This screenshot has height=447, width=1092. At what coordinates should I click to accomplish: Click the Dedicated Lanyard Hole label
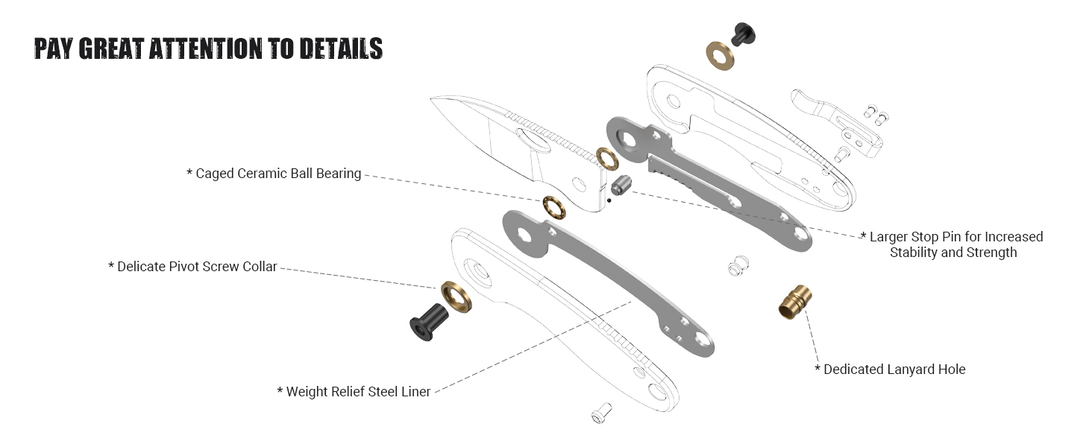click(x=894, y=369)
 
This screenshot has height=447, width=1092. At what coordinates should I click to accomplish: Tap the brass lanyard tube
click(x=794, y=300)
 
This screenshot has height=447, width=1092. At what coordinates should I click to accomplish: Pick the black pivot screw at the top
click(x=742, y=33)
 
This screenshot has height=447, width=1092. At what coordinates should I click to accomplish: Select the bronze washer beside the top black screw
click(x=720, y=56)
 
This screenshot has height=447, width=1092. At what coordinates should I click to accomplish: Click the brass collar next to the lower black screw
click(x=456, y=298)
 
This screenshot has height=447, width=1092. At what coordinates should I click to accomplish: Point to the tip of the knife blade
click(x=433, y=98)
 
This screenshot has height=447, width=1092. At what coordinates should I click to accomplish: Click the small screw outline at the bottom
click(x=600, y=412)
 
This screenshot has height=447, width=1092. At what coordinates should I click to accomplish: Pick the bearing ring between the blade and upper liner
click(x=606, y=157)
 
